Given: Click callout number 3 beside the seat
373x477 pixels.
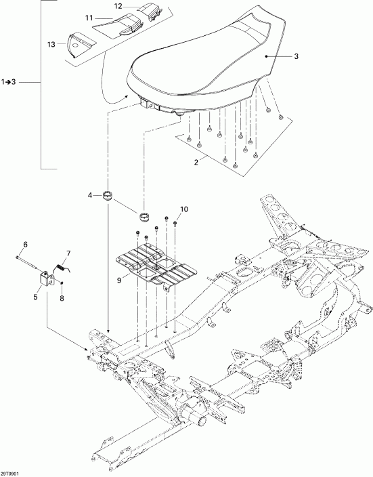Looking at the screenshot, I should pos(295,57).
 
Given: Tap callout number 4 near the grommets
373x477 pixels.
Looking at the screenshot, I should pos(89,196).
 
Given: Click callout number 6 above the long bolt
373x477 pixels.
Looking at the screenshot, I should pos(26,244).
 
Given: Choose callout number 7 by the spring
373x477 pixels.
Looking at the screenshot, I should pos(67,253).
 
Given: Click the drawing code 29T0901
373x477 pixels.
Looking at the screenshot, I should pos(12,472).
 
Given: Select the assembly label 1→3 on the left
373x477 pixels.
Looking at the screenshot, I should pos(13,83).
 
